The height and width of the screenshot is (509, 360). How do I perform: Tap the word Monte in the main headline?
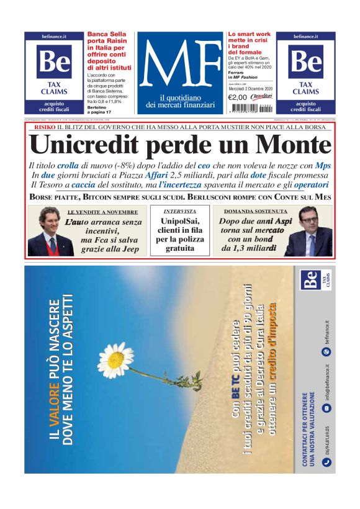click(290, 145)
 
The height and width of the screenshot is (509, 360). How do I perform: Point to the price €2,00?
click(237, 97)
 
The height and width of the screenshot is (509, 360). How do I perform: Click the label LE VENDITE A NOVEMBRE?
click(102, 212)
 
